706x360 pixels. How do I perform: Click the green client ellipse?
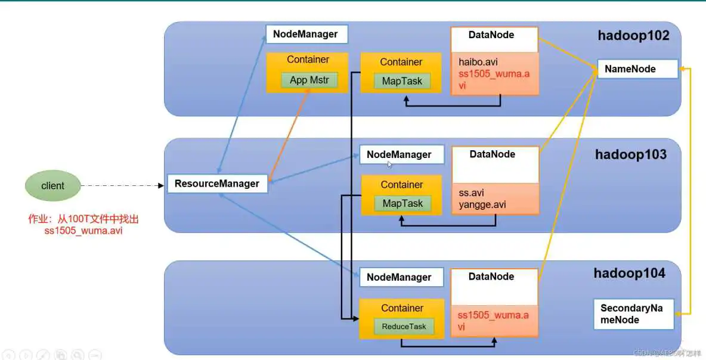coord(52,186)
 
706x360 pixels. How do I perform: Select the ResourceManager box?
coord(217,184)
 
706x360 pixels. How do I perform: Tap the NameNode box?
coord(637,69)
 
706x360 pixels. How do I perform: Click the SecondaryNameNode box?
coord(633,314)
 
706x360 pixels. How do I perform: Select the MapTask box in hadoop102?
coord(402,81)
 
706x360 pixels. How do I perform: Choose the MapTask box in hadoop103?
coord(402,203)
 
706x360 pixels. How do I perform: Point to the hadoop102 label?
coord(633,36)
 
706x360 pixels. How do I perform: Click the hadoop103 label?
coord(630,155)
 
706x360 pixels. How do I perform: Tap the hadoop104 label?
coord(629,274)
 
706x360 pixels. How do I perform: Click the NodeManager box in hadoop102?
coord(306,34)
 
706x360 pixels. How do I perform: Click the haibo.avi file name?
coord(478,62)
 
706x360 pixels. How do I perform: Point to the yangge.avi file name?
coord(482,204)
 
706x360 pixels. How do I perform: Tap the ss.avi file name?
coord(471,193)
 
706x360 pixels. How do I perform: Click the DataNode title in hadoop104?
coord(491,277)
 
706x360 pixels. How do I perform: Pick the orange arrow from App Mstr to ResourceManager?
coord(290,135)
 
